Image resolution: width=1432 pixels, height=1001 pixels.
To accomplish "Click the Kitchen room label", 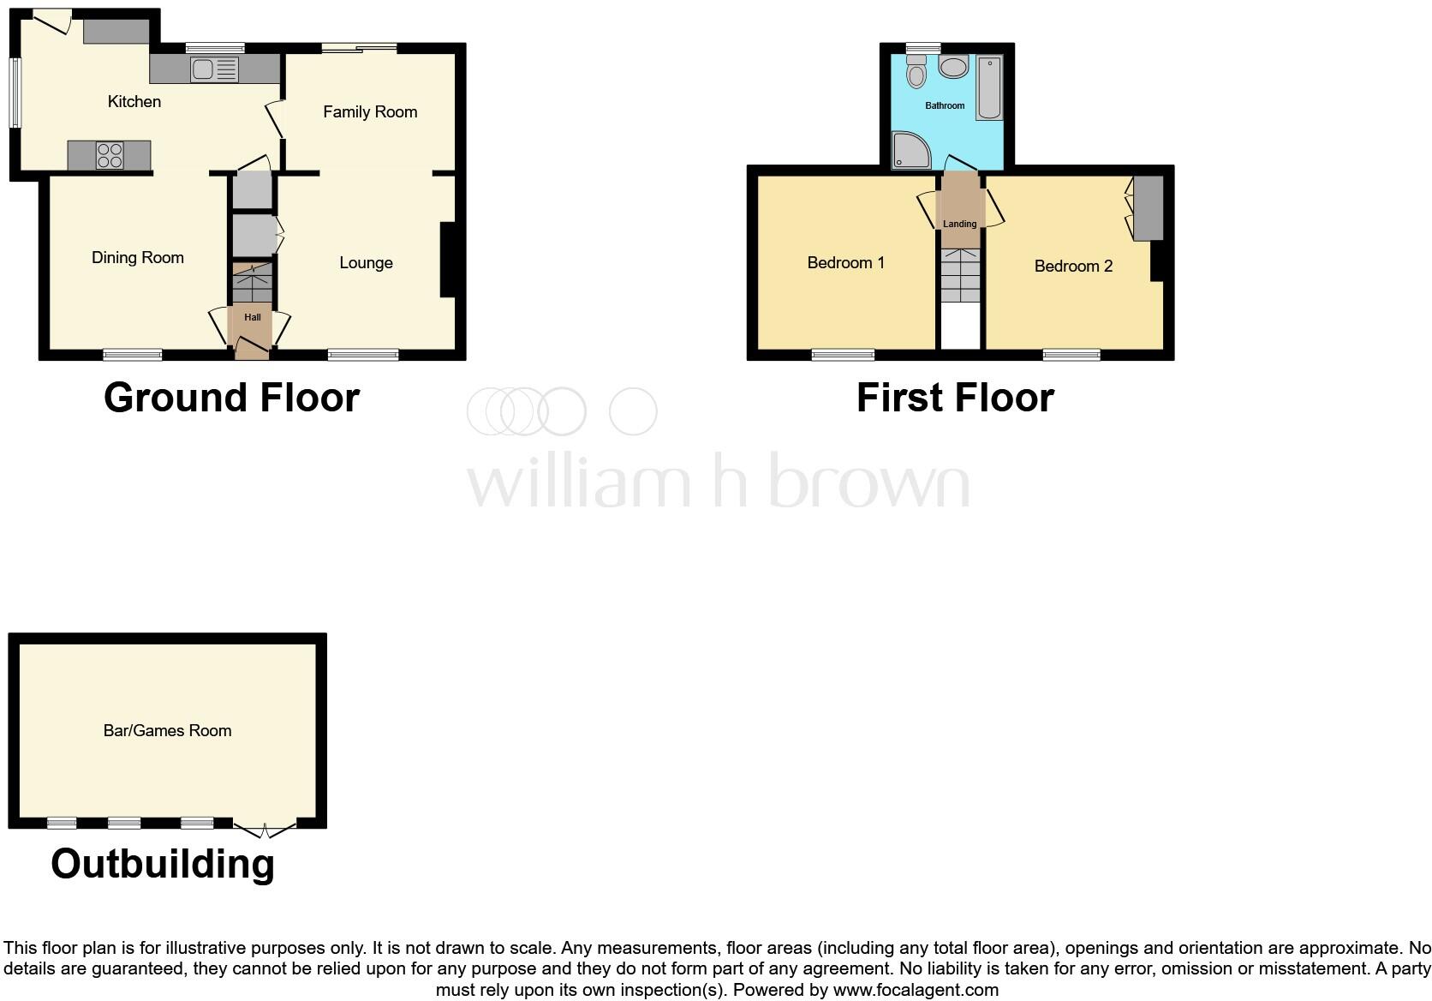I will pyautogui.click(x=134, y=102).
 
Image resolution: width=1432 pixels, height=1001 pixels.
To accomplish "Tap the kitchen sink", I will pyautogui.click(x=203, y=69).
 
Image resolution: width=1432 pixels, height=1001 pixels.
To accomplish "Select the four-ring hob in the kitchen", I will pyautogui.click(x=110, y=155).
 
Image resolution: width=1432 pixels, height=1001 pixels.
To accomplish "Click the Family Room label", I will pyautogui.click(x=369, y=112).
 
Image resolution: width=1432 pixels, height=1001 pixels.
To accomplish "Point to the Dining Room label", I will pyautogui.click(x=137, y=258).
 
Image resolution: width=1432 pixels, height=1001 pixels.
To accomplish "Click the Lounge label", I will pyautogui.click(x=366, y=263).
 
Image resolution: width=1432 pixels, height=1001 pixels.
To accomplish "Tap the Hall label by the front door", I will pyautogui.click(x=252, y=317).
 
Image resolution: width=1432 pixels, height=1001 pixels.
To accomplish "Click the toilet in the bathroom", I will pyautogui.click(x=916, y=72).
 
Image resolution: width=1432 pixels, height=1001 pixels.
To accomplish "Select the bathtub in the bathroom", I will pyautogui.click(x=989, y=87).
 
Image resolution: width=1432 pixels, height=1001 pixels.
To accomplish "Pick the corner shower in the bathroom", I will pyautogui.click(x=909, y=151).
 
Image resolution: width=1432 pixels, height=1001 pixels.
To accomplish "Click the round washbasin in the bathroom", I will pyautogui.click(x=953, y=67).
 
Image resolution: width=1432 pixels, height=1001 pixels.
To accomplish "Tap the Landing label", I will pyautogui.click(x=959, y=224).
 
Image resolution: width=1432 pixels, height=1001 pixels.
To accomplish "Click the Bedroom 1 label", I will pyautogui.click(x=845, y=263).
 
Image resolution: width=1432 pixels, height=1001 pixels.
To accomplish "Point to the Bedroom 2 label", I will pyautogui.click(x=1072, y=267).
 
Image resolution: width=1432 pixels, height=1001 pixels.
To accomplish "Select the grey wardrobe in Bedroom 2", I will pyautogui.click(x=1149, y=208).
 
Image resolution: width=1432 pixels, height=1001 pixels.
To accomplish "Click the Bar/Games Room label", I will pyautogui.click(x=167, y=731).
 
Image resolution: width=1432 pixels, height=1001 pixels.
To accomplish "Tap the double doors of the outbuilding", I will pyautogui.click(x=265, y=828).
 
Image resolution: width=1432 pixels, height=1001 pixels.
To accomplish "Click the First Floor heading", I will pyautogui.click(x=954, y=399).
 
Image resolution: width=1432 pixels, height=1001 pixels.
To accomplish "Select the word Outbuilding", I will pyautogui.click(x=163, y=864).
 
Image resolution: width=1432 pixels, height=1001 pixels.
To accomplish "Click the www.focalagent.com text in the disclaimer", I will pyautogui.click(x=916, y=991).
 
